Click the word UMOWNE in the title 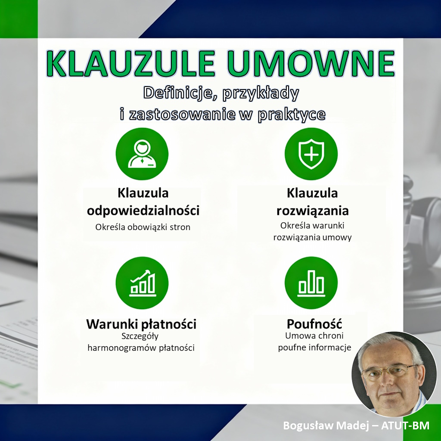(x=311, y=64)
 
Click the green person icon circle (x=142, y=154)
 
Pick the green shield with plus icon (x=311, y=154)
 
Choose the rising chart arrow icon (x=142, y=283)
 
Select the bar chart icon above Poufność (x=311, y=283)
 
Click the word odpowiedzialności (x=143, y=211)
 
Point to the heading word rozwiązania (x=312, y=211)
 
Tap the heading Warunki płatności (x=141, y=324)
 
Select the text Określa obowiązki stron (x=143, y=227)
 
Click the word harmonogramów (x=124, y=348)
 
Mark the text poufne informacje (x=314, y=347)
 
